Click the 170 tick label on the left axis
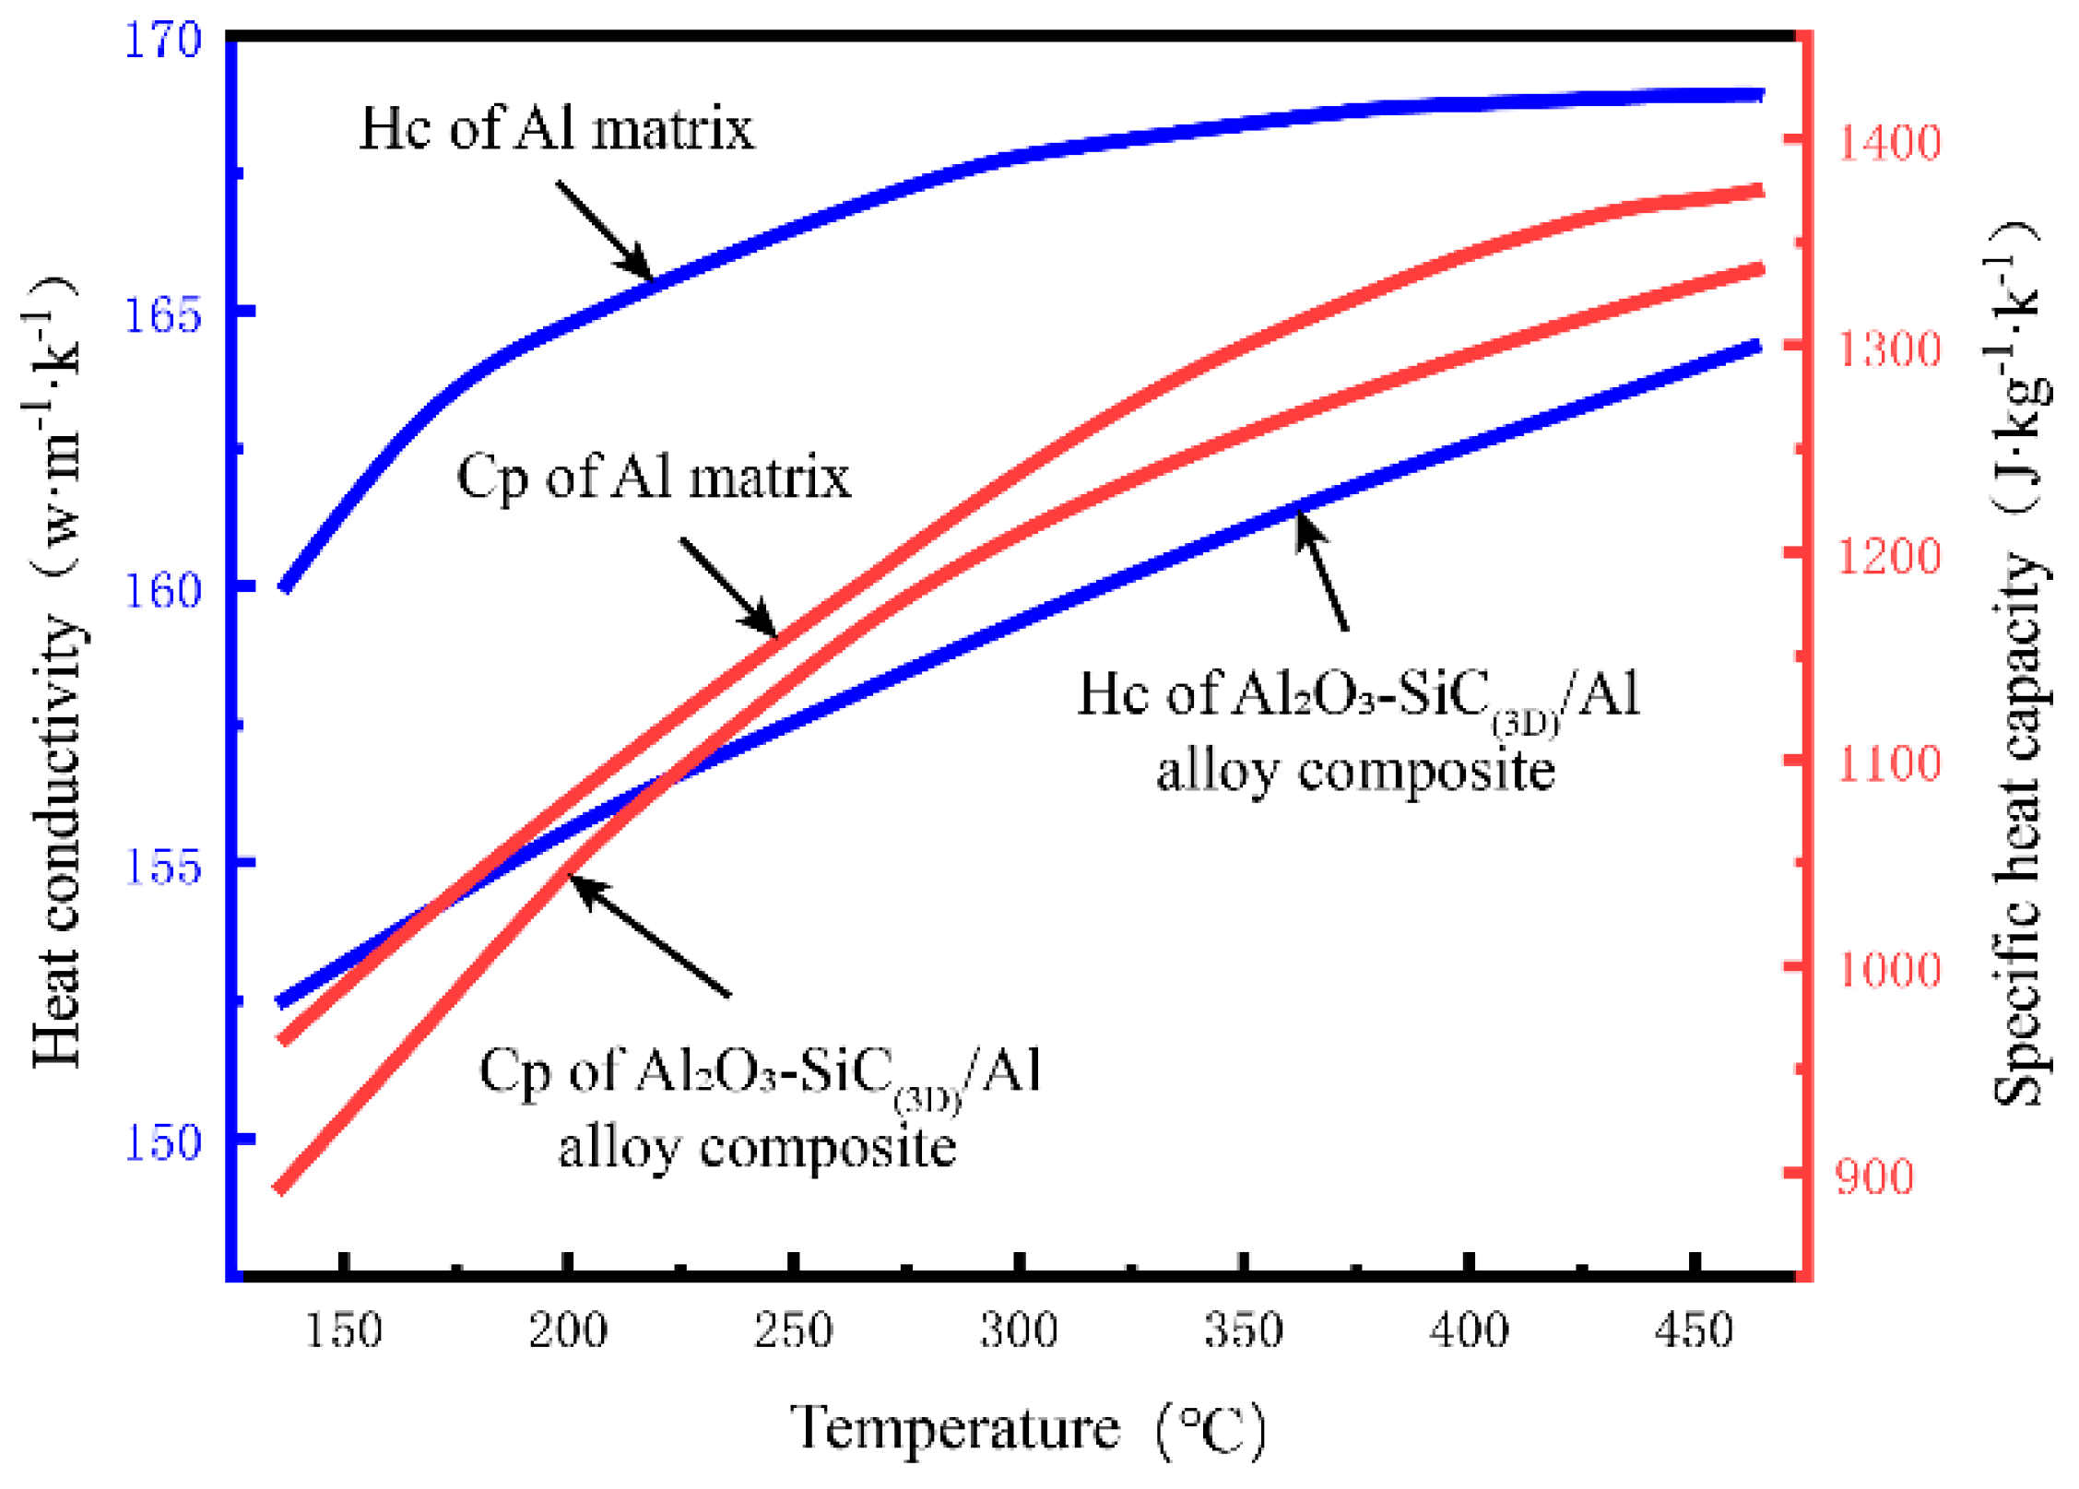tap(162, 41)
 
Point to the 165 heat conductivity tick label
tap(162, 315)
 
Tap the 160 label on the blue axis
tap(162, 590)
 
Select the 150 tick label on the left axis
tap(162, 1141)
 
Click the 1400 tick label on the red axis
tap(1889, 143)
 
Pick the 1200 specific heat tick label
tap(1889, 557)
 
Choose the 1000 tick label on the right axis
tap(1889, 970)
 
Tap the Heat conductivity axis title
tap(55, 673)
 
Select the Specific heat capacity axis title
tap(2019, 664)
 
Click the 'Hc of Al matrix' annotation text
tap(556, 128)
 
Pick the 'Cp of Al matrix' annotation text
tap(654, 478)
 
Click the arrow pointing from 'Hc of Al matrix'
tap(605, 230)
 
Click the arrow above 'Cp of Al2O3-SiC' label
tap(650, 936)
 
